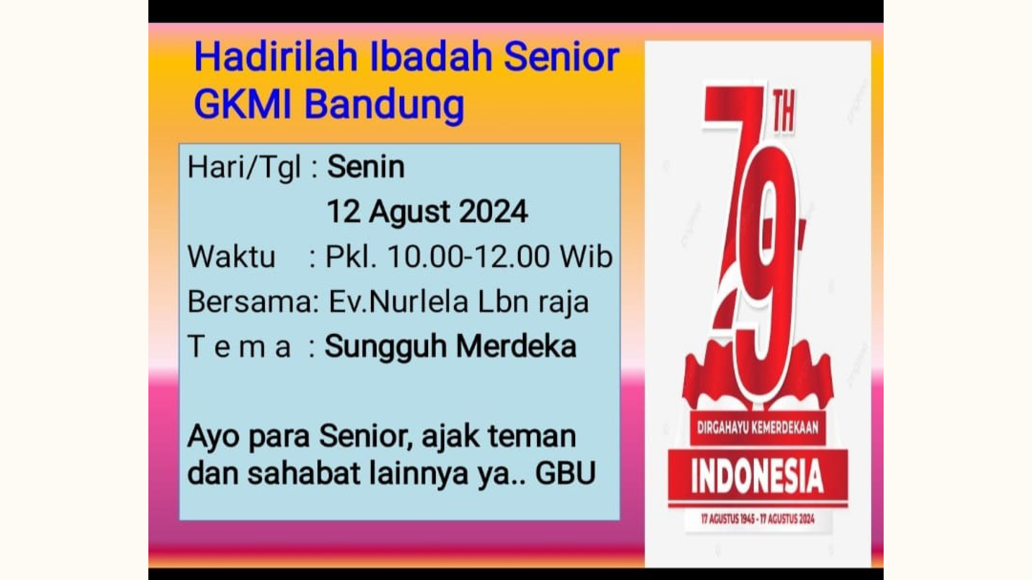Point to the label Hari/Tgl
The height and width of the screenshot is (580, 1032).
[244, 167]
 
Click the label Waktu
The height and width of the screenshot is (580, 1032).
[231, 256]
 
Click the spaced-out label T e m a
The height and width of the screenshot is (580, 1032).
[239, 347]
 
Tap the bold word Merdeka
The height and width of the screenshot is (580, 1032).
[516, 346]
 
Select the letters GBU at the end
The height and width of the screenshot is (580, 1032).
[565, 473]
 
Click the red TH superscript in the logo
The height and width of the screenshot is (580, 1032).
[784, 115]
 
